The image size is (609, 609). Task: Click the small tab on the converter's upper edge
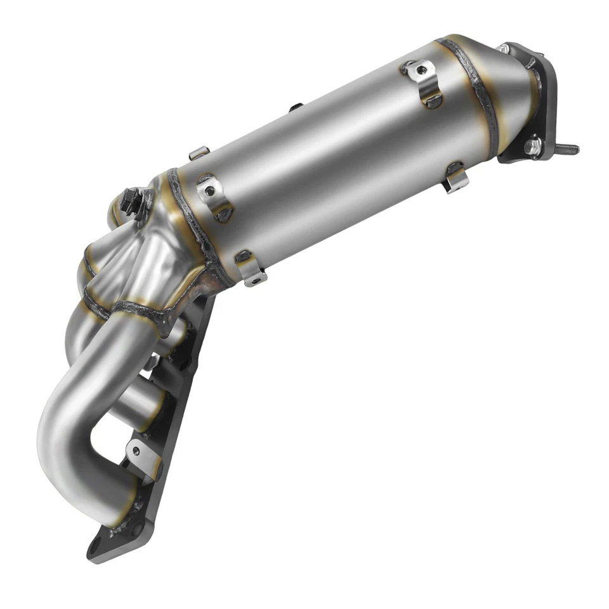[x=199, y=153]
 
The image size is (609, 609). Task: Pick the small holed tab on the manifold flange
[x=139, y=452]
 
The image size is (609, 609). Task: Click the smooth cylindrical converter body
[x=336, y=152]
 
